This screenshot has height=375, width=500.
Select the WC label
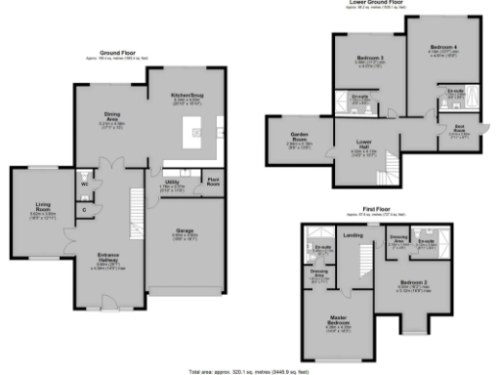click(x=85, y=182)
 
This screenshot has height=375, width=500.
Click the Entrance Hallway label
click(x=109, y=259)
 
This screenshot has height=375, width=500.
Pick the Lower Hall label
click(x=357, y=145)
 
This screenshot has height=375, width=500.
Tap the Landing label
click(x=353, y=234)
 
